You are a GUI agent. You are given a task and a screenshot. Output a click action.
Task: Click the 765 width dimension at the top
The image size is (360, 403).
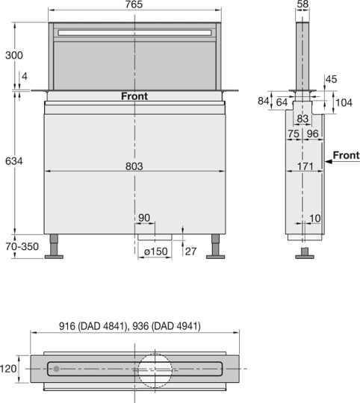point(134,4)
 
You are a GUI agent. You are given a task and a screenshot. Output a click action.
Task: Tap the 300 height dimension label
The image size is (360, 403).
point(14,55)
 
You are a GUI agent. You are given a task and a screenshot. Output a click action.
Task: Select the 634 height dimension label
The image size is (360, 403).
point(14,161)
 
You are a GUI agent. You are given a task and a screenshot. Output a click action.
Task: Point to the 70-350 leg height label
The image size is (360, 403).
point(22,246)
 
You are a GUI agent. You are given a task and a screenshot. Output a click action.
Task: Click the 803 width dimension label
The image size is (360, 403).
point(134,166)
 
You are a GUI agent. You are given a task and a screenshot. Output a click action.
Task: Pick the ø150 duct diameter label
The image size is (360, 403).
point(156,251)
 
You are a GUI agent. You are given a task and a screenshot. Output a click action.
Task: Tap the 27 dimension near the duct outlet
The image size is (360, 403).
point(190,252)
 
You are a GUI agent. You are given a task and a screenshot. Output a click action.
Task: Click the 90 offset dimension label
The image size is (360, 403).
point(144,218)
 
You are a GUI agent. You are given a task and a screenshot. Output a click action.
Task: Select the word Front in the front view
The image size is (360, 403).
point(134,96)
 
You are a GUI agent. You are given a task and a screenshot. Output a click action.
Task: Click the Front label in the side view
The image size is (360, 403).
point(346,155)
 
